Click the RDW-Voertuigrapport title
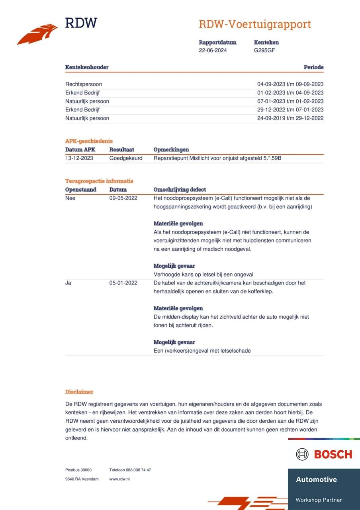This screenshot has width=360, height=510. click(254, 24)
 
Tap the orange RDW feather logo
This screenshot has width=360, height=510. click(37, 35)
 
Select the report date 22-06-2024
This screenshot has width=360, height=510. click(213, 50)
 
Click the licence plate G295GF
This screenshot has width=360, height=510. click(264, 50)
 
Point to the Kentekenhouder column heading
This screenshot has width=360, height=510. click(87, 67)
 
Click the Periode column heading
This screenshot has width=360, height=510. click(313, 67)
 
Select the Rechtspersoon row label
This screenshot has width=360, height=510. click(84, 84)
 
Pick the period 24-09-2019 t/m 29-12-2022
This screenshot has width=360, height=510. click(290, 118)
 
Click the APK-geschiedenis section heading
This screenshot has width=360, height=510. click(89, 141)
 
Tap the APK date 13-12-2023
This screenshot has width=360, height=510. click(79, 158)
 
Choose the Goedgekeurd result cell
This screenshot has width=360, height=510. click(126, 158)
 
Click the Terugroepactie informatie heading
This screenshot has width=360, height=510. click(99, 181)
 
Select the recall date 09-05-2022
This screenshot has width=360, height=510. click(123, 198)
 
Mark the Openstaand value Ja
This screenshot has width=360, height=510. click(68, 283)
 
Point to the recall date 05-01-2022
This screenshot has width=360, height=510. click(123, 283)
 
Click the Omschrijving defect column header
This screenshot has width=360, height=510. click(180, 190)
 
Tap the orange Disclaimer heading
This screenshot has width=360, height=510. click(79, 392)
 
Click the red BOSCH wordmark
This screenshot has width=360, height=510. click(333, 454)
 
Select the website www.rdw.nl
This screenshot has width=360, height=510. click(119, 479)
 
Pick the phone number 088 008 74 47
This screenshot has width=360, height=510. click(138, 470)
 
